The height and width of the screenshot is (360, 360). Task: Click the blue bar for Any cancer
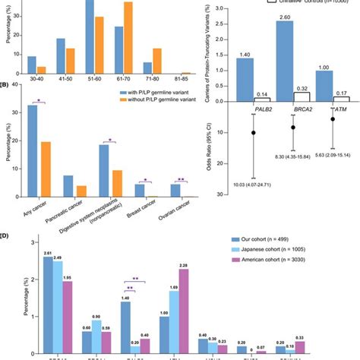pos(33,152)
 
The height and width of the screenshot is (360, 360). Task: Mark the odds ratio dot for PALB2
pos(254,133)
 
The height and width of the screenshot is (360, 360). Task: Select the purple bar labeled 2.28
pos(183,312)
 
